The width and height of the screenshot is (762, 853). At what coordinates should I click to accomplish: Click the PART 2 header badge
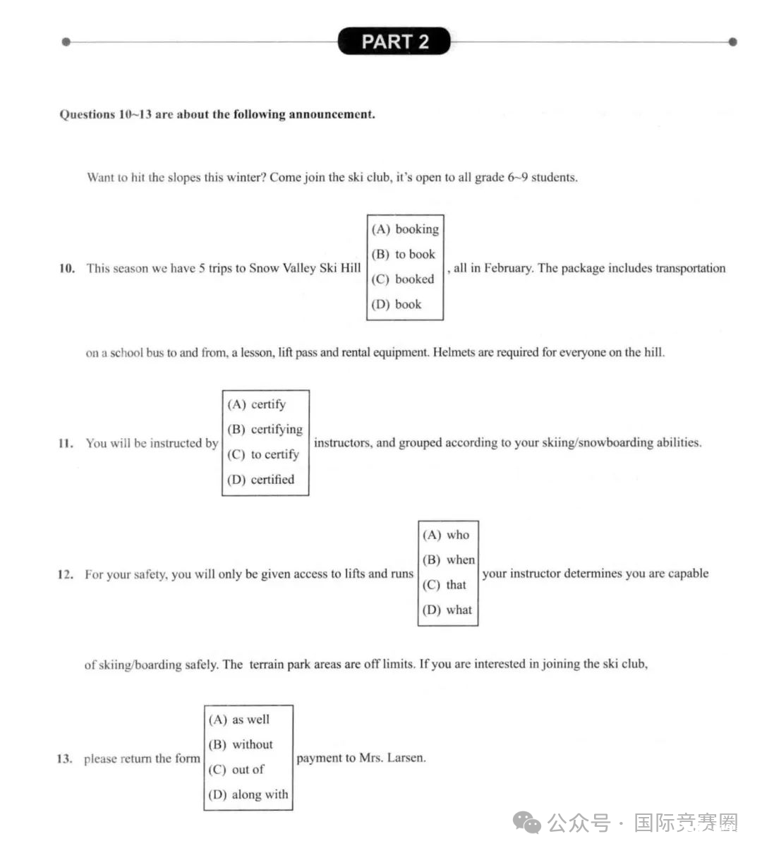pyautogui.click(x=394, y=42)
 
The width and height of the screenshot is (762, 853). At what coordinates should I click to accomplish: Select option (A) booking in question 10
pyautogui.click(x=405, y=229)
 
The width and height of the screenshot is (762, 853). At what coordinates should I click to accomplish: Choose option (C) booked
pyautogui.click(x=404, y=279)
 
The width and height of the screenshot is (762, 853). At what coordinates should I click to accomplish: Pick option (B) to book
pyautogui.click(x=404, y=254)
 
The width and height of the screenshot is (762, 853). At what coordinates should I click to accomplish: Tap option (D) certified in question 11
pyautogui.click(x=261, y=480)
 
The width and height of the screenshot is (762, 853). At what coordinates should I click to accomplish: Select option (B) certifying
pyautogui.click(x=265, y=429)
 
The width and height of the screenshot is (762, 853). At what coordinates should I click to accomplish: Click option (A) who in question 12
pyautogui.click(x=446, y=535)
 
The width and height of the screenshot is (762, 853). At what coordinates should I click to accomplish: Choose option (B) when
pyautogui.click(x=449, y=559)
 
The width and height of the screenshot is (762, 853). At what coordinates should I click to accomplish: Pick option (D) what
pyautogui.click(x=447, y=610)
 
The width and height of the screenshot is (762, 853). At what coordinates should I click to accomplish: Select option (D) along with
pyautogui.click(x=248, y=794)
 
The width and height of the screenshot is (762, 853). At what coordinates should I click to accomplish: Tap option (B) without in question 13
pyautogui.click(x=241, y=744)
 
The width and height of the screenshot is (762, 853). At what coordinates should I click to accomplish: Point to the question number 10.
pyautogui.click(x=67, y=268)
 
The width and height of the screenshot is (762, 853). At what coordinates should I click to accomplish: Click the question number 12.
pyautogui.click(x=66, y=574)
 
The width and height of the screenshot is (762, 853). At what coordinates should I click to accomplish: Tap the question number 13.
pyautogui.click(x=64, y=759)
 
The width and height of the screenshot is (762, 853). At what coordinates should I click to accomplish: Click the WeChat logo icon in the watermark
pyautogui.click(x=527, y=823)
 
